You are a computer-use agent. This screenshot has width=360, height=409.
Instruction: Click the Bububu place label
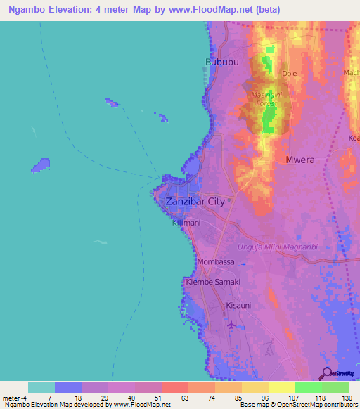click(220, 63)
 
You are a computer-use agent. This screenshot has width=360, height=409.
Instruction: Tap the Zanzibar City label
click(195, 202)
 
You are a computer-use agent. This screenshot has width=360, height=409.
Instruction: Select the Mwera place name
click(300, 160)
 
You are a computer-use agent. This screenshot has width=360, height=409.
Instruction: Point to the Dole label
click(289, 73)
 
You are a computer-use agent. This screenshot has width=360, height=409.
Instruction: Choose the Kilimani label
click(186, 223)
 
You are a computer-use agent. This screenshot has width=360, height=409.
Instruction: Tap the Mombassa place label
click(216, 262)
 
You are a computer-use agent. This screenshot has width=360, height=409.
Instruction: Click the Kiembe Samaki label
click(212, 282)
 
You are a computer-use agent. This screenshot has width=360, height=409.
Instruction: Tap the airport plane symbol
click(233, 325)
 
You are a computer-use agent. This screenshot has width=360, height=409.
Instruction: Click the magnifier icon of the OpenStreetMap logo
click(326, 372)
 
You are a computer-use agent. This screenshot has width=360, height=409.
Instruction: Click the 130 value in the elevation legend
click(347, 398)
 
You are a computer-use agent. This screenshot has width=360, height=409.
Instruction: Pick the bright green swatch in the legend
click(308, 387)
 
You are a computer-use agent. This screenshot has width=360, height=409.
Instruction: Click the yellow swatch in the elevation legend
click(281, 387)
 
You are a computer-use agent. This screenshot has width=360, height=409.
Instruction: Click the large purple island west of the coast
click(40, 166)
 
